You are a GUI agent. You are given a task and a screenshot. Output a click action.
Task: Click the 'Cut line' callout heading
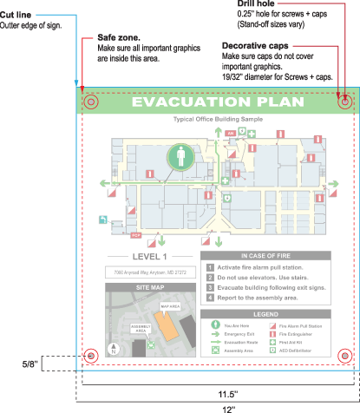[x=17, y=16]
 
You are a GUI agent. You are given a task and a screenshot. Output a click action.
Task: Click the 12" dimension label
[x=218, y=406]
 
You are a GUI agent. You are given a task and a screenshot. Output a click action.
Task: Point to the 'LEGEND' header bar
[x=265, y=313]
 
